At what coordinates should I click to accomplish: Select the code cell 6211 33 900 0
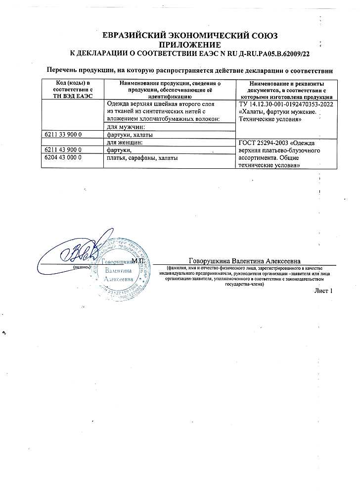(63, 135)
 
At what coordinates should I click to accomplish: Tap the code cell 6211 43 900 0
(63, 150)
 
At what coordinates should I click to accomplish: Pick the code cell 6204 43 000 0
(63, 157)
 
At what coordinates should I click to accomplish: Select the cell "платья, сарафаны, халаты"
(142, 157)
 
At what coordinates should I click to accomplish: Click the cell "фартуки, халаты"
(130, 135)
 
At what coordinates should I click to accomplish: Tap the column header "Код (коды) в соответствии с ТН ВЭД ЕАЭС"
(73, 89)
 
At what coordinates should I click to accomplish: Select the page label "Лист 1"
(323, 291)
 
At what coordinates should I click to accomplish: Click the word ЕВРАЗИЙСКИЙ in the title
(134, 35)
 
